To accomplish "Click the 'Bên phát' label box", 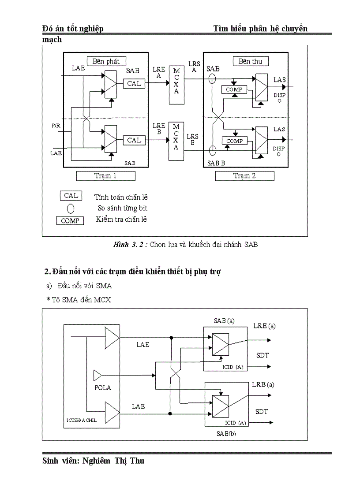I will pyautogui.click(x=106, y=61).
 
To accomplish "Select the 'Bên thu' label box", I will pyautogui.click(x=250, y=61).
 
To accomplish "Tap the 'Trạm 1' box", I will pyautogui.click(x=105, y=176).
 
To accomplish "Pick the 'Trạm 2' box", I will pyautogui.click(x=244, y=176).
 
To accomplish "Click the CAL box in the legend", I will pyautogui.click(x=71, y=196).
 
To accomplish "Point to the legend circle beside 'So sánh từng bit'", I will pyautogui.click(x=71, y=208).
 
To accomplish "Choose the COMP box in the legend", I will pyautogui.click(x=70, y=221).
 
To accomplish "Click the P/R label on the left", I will pyautogui.click(x=56, y=126).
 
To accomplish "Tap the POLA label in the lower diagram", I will pyautogui.click(x=103, y=388).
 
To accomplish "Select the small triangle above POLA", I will pyautogui.click(x=97, y=376).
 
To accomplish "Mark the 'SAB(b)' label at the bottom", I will pyautogui.click(x=226, y=433).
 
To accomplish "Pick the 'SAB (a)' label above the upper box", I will pyautogui.click(x=224, y=321).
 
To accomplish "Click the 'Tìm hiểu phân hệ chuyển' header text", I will pyautogui.click(x=260, y=29).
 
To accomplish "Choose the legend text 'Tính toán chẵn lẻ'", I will pyautogui.click(x=121, y=197).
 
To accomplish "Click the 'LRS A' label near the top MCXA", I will pyautogui.click(x=194, y=67).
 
